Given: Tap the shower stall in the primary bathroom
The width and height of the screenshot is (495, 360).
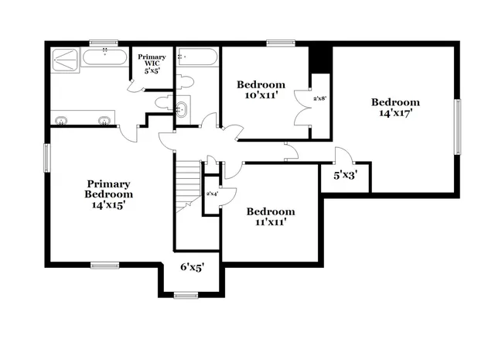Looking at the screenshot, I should [x=65, y=61].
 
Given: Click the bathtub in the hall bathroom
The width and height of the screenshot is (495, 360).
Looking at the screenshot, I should [x=198, y=58].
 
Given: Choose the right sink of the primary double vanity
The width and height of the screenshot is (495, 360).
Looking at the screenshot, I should [x=103, y=119].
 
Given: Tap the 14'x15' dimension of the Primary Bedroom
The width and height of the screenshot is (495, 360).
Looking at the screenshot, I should [x=108, y=205].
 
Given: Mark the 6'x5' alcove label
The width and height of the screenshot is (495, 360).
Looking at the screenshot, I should [x=192, y=267].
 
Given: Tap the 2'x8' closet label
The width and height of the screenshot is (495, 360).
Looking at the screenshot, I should [x=319, y=99].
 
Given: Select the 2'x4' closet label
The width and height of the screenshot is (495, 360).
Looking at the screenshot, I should [x=211, y=194].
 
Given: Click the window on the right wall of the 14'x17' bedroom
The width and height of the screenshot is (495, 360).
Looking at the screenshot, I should [x=457, y=127].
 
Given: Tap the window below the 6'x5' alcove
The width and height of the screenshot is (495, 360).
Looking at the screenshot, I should [x=186, y=294].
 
